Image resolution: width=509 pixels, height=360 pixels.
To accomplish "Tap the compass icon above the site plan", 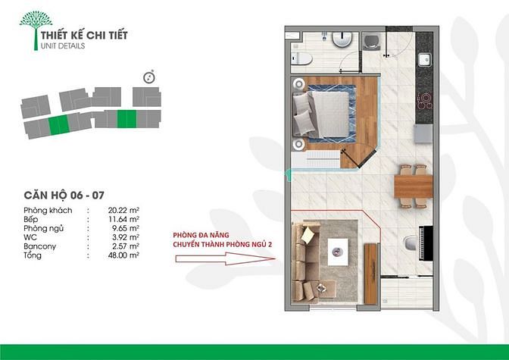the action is coord(149,77).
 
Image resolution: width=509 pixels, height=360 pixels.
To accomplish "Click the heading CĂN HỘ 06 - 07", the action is coord(64,196).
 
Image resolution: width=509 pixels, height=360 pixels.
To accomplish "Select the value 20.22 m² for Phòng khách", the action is coord(123,210).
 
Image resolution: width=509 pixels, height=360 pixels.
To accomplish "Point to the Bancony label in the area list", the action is coord(39,246).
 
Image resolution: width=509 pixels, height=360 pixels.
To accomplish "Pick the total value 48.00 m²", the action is coord(123,255).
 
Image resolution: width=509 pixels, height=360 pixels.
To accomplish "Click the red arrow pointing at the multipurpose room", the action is coord(225,259).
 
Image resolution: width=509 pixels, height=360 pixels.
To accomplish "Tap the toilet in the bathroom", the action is coord(301,58).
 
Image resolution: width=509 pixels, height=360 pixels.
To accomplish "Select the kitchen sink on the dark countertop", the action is coord(424,60).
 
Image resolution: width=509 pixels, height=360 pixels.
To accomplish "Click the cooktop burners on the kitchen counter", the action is coord(425,101).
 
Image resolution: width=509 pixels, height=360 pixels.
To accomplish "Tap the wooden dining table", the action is coord(414,186).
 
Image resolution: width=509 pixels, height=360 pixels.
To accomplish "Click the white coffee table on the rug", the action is coord(338,252).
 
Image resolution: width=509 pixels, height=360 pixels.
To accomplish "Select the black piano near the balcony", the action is coord(426,243).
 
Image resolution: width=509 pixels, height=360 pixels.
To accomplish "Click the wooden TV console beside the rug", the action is coord(370,274).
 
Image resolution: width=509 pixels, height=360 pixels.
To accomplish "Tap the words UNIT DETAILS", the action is coord(63,45).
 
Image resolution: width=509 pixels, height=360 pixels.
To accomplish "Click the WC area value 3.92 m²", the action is coord(123,237).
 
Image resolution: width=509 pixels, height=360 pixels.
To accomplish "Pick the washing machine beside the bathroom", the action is coord(371,42).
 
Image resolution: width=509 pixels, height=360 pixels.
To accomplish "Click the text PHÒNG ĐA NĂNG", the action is coord(201,235).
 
